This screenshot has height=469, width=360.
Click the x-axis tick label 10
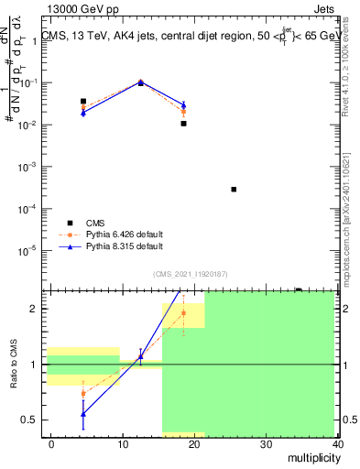[x=122, y=443]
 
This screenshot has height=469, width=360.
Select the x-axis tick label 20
[x=193, y=443]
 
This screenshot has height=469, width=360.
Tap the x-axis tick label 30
[x=266, y=443]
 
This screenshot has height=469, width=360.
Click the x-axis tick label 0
[x=51, y=443]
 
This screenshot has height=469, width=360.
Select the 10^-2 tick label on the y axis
[x=28, y=125]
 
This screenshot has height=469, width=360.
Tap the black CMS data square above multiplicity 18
[x=183, y=124]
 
